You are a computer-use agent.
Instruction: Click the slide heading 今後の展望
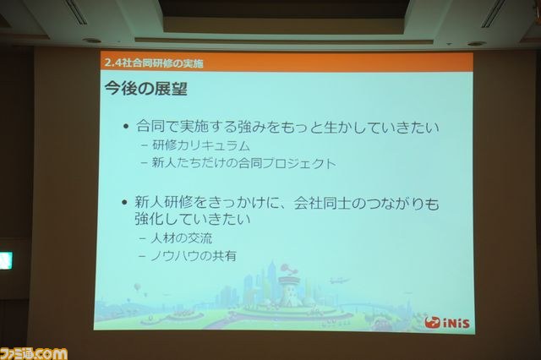(146, 88)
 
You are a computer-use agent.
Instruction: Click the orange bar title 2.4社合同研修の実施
(154, 63)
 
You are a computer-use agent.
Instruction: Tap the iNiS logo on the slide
(447, 323)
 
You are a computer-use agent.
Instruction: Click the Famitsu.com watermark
(34, 354)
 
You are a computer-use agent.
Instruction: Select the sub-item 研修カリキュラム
(201, 145)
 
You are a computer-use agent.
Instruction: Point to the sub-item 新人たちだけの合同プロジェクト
(243, 163)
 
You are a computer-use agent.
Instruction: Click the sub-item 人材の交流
(182, 238)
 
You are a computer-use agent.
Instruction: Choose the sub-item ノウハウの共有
(194, 256)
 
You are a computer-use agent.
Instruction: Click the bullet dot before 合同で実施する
(126, 127)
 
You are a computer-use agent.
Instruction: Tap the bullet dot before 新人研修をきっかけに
(125, 202)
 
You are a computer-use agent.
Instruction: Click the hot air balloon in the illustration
(137, 286)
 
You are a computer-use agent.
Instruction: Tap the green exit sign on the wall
(6, 260)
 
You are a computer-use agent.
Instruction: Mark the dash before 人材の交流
(142, 238)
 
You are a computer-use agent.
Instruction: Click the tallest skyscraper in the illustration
(272, 280)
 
